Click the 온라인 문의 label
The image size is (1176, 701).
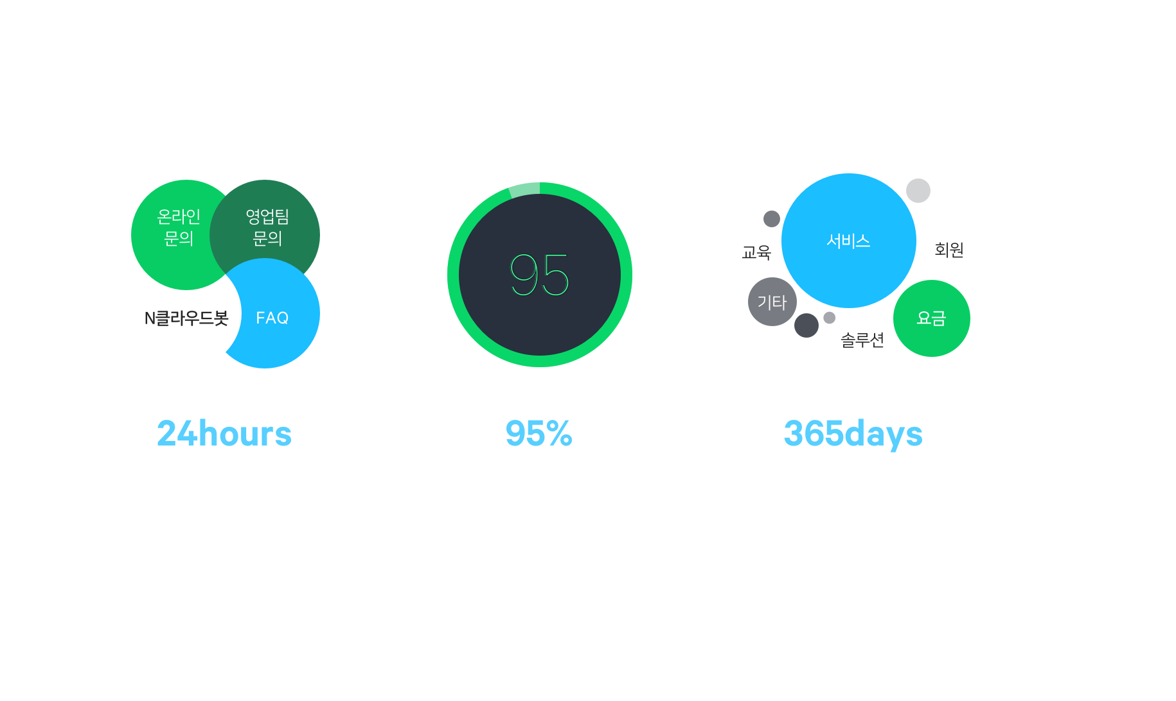click(x=179, y=227)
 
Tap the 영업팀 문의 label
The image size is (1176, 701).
click(x=267, y=227)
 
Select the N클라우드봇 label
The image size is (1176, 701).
click(x=186, y=318)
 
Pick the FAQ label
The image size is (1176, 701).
click(x=272, y=318)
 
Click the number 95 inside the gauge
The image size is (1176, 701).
click(x=540, y=275)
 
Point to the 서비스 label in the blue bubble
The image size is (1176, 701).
click(x=848, y=241)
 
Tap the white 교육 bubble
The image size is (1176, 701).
click(x=756, y=252)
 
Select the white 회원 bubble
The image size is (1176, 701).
click(x=949, y=250)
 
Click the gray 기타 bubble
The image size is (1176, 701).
click(x=772, y=302)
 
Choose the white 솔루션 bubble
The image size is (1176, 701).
click(x=862, y=340)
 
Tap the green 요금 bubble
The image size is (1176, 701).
click(x=931, y=318)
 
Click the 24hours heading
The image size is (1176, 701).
click(x=224, y=433)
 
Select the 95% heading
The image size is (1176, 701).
click(x=539, y=433)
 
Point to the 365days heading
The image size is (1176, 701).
click(x=853, y=433)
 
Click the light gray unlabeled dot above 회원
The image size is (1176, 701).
click(x=918, y=191)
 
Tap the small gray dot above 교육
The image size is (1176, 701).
click(x=772, y=219)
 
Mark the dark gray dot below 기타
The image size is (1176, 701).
click(x=806, y=325)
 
